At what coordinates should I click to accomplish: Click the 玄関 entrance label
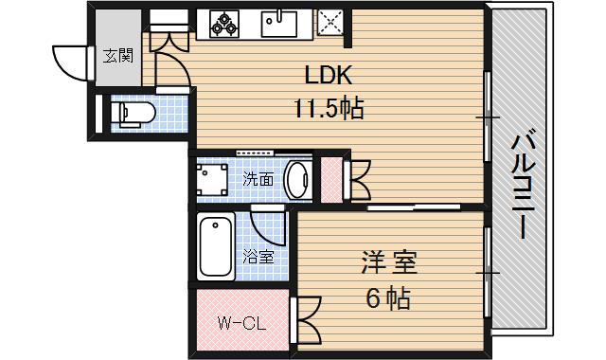[x=117, y=55]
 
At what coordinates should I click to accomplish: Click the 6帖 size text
[x=388, y=298]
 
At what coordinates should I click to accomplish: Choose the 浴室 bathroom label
[x=258, y=256]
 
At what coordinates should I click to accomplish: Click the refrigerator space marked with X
[x=330, y=22]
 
